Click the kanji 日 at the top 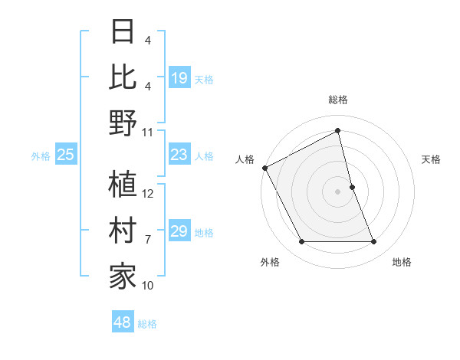pos(123,33)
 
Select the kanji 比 pos(123,77)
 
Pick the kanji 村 pos(123,231)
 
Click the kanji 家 pos(123,277)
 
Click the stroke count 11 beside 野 pos(148,132)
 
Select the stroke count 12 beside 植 pos(148,194)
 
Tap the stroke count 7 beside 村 pos(148,240)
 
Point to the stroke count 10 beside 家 pos(148,286)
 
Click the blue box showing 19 pos(179,77)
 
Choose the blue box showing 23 pos(179,155)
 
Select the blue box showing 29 pos(179,231)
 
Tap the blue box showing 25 pos(65,155)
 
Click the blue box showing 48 pos(123,322)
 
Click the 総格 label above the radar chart pos(338,100)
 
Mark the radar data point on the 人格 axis pos(264,167)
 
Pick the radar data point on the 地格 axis pos(374,242)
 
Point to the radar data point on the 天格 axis pos(353,186)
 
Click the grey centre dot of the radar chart pos(338,191)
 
